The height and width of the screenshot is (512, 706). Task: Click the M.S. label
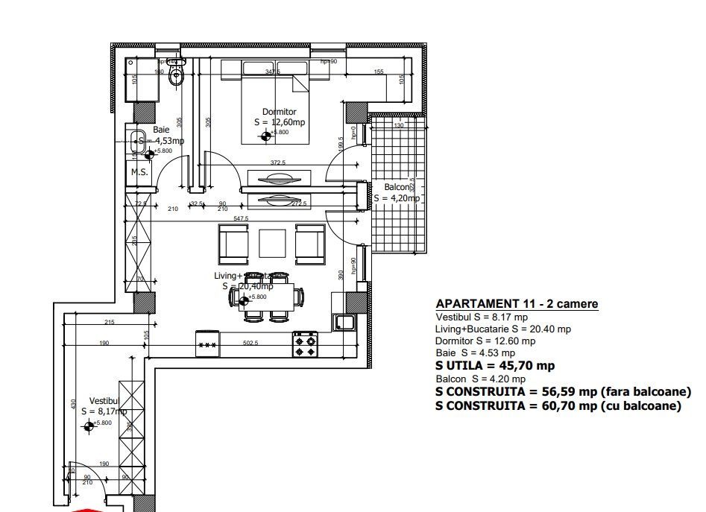click(x=139, y=172)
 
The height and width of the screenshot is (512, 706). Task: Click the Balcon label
click(x=397, y=186)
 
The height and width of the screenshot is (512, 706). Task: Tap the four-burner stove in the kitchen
click(x=305, y=344)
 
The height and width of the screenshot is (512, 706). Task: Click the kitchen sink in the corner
click(x=344, y=322)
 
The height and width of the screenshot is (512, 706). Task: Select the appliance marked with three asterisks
click(x=207, y=344)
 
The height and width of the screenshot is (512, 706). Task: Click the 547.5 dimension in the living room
click(x=240, y=219)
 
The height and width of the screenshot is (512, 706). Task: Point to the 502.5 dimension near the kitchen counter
click(x=250, y=343)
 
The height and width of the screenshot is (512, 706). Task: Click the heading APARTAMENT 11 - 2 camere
click(x=516, y=303)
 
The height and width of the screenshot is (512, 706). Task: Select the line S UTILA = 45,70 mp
click(x=494, y=365)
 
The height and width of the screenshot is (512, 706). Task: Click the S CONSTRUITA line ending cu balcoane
click(x=558, y=406)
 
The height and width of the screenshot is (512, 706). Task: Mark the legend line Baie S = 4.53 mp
click(x=475, y=353)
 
